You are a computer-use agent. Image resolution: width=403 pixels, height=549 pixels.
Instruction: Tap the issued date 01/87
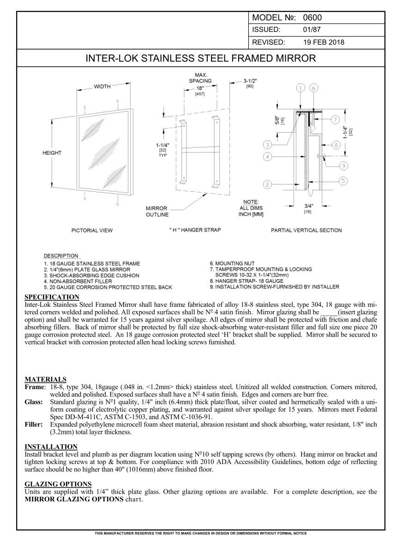click(311, 30)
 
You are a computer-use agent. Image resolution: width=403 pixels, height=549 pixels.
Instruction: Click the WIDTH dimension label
click(105, 88)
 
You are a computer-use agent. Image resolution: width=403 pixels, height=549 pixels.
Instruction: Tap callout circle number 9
click(343, 165)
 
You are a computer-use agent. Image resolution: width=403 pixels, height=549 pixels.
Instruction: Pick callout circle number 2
click(267, 185)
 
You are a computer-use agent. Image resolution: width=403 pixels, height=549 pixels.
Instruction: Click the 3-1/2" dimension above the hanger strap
click(250, 81)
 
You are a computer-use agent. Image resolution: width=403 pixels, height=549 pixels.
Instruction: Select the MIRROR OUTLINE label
click(157, 212)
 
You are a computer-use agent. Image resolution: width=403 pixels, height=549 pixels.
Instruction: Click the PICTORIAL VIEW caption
click(92, 230)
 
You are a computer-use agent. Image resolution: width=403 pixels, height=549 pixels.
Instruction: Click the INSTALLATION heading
click(51, 446)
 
